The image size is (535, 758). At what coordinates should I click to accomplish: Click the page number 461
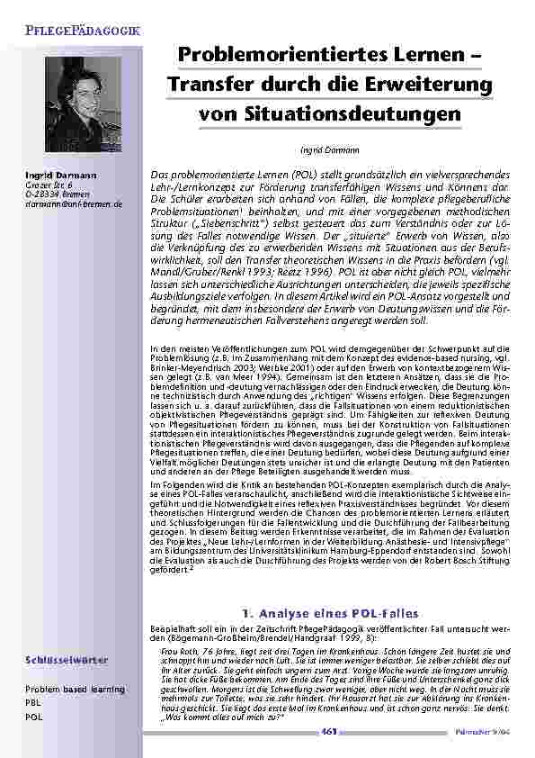coord(330,733)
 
